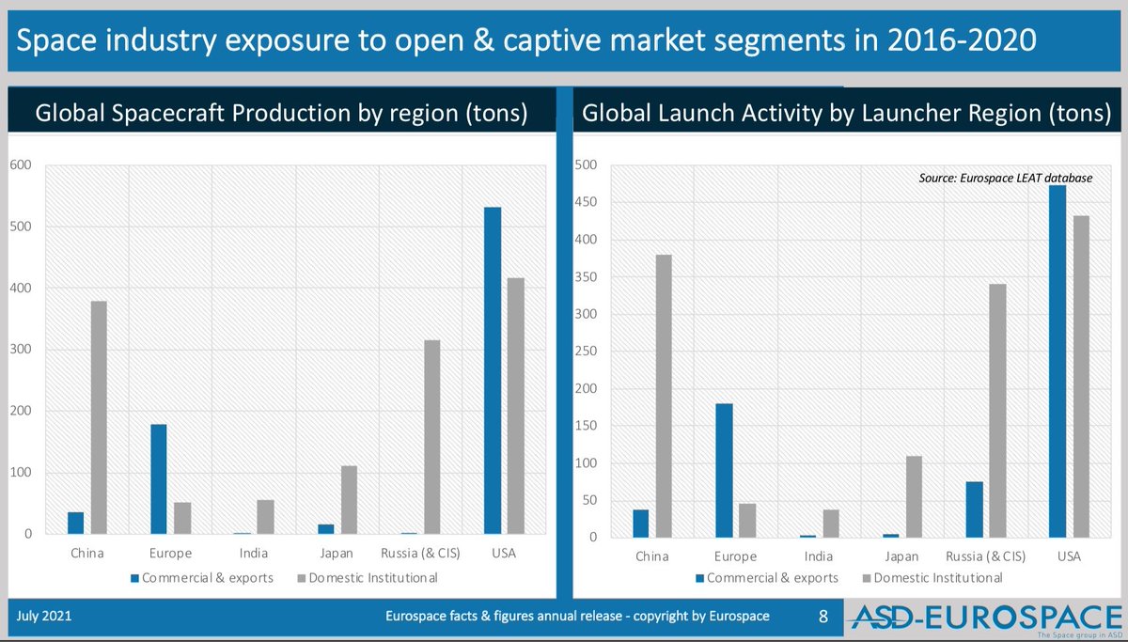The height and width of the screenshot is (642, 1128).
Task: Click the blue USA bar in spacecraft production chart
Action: [x=492, y=370]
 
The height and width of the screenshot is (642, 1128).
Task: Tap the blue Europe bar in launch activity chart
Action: [x=724, y=470]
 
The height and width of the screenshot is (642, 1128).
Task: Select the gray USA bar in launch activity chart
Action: [x=1081, y=376]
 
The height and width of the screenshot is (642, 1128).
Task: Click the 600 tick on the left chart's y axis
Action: [x=22, y=165]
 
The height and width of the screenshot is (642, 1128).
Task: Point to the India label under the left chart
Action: [x=254, y=554]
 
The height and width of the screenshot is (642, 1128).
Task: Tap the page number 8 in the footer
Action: [x=823, y=617]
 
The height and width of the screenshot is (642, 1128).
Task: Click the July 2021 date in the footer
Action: [x=43, y=617]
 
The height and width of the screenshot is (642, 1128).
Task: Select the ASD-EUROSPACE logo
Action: [x=987, y=618]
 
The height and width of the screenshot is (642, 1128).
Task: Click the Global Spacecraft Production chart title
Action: [x=280, y=114]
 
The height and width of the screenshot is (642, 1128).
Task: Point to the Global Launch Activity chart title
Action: [x=847, y=114]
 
